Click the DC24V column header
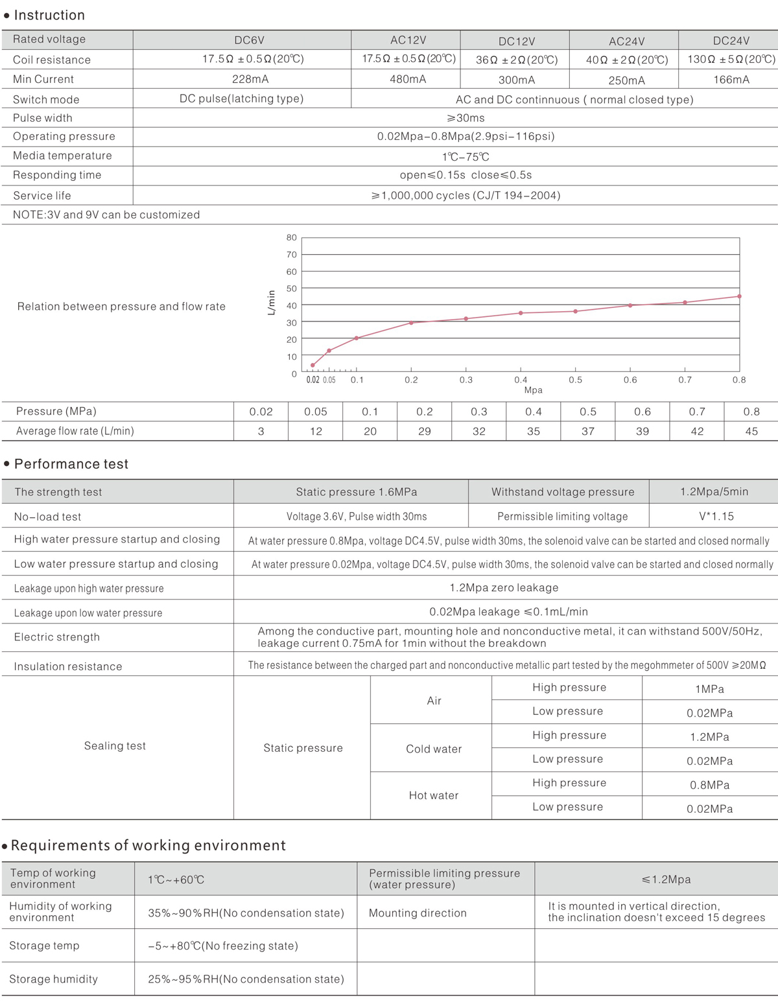coord(731,40)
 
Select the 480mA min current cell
coord(408,79)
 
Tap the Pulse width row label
coord(43,118)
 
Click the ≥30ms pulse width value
coord(466,118)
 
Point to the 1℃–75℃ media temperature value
coord(466,157)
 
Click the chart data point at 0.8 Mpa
coord(739,296)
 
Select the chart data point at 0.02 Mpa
coord(312,366)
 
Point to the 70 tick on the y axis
coord(292,255)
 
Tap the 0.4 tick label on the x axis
coord(521,380)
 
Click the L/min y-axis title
coord(272,303)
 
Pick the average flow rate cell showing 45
coord(751,431)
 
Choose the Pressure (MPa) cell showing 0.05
coord(316,412)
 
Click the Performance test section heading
coord(71,464)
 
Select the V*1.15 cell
coord(716,517)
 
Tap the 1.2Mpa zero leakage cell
coord(504,588)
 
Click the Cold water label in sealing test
coord(434,749)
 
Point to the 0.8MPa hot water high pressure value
coord(709,785)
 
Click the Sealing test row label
coord(115,746)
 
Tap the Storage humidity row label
coord(53,979)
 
